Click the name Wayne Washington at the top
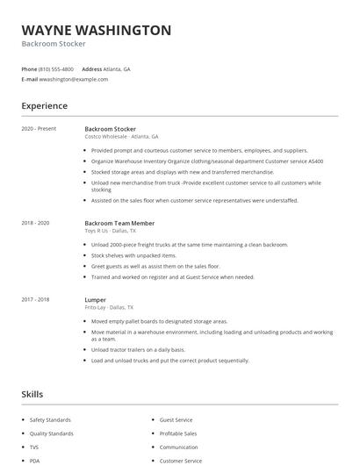[97, 30]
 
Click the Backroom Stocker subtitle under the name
[54, 44]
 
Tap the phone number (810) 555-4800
[56, 68]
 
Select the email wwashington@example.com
[74, 79]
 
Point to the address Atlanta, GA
[117, 68]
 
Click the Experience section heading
[45, 106]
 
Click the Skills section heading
[32, 395]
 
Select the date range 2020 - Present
[39, 129]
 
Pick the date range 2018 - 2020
[35, 223]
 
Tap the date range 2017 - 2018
[35, 299]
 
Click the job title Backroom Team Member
[119, 223]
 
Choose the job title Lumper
[95, 299]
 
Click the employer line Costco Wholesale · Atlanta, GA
[121, 137]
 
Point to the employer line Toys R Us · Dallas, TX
[109, 231]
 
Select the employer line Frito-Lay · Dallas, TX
[109, 308]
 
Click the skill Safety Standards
[51, 420]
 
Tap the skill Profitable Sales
[178, 433]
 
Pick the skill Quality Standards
[52, 433]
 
